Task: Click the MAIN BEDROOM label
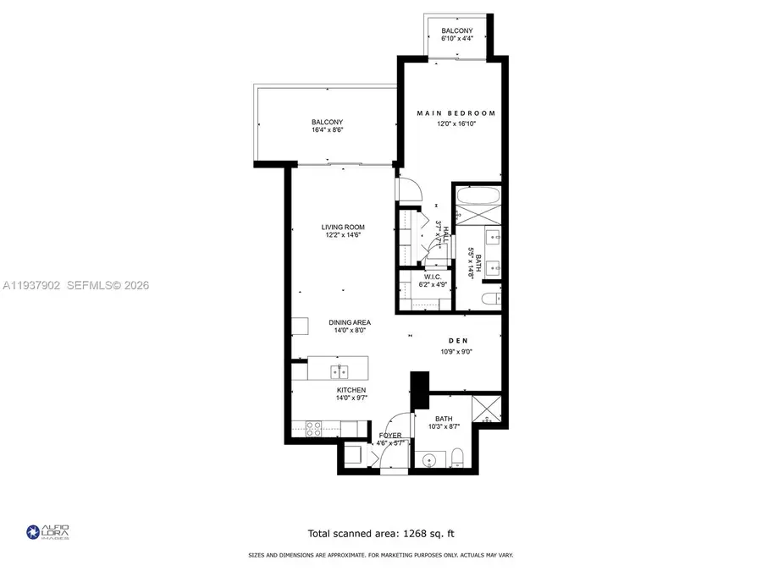[x=456, y=113]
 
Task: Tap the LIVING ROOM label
[x=342, y=227]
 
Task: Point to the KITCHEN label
[x=351, y=390]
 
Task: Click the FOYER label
[x=390, y=435]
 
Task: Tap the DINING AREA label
[x=351, y=322]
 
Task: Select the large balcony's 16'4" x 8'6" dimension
[x=327, y=131]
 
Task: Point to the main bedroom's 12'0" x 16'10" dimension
[x=456, y=124]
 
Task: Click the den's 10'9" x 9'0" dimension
[x=454, y=352]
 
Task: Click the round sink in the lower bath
[x=429, y=461]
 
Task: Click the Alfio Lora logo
[x=47, y=532]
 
